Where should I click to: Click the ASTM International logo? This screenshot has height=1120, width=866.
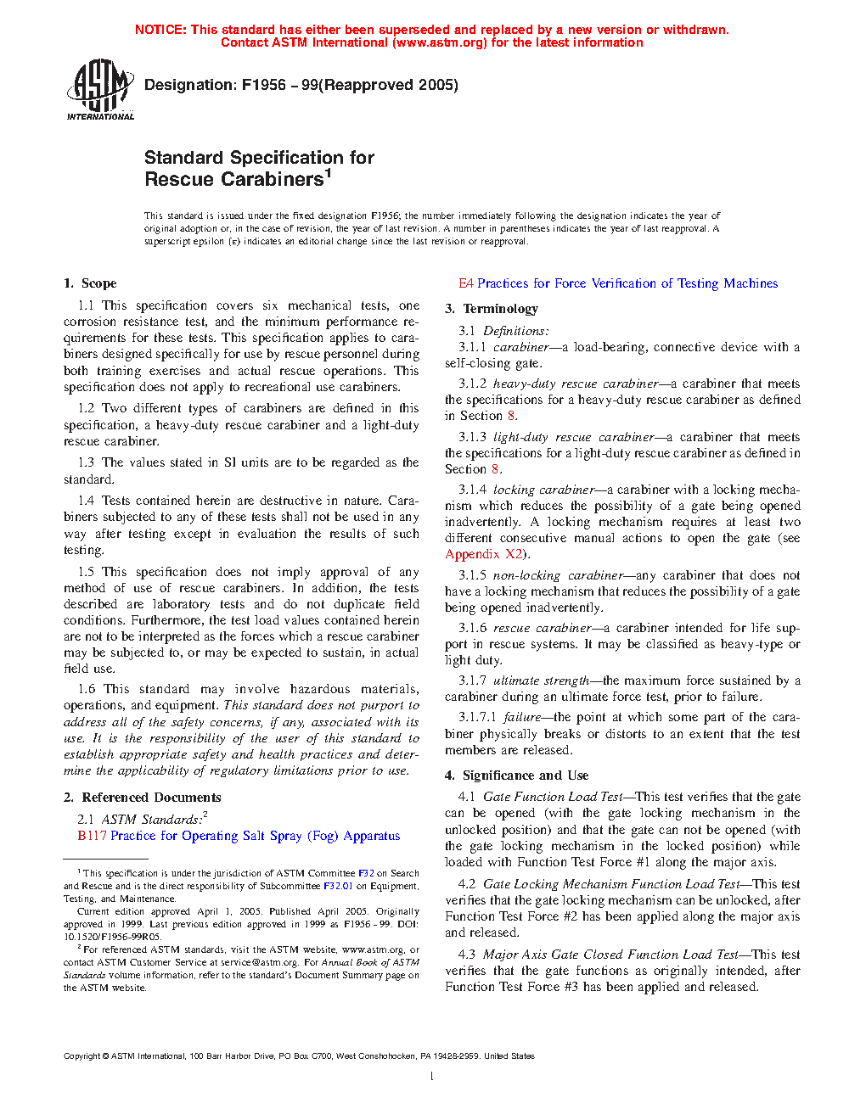click(99, 88)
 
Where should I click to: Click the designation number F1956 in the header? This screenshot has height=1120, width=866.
click(264, 85)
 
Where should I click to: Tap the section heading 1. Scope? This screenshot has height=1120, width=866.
click(90, 283)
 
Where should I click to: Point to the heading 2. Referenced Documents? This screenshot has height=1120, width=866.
click(142, 798)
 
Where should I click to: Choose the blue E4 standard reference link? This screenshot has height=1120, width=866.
click(466, 283)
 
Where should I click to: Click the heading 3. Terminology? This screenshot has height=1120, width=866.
click(492, 309)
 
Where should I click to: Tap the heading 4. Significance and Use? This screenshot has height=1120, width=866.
click(516, 776)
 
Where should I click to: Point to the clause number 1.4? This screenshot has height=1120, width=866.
click(86, 501)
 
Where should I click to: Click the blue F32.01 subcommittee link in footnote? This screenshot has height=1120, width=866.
click(338, 886)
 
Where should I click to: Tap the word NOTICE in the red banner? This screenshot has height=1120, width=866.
click(160, 30)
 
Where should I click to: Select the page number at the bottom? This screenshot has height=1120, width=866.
click(432, 1077)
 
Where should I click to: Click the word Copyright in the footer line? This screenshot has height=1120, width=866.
click(82, 1056)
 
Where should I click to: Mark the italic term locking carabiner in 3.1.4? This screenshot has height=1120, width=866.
click(543, 490)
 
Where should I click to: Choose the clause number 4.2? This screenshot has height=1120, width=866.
click(466, 884)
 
